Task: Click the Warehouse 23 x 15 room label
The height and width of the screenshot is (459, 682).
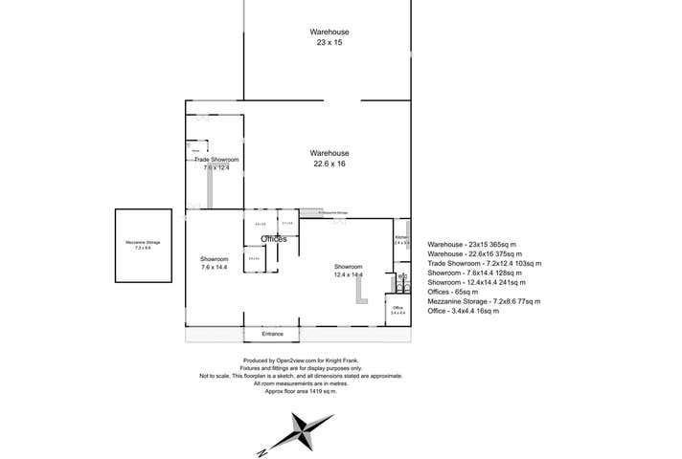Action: click(330, 36)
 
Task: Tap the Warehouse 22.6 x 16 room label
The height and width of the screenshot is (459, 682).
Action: click(330, 158)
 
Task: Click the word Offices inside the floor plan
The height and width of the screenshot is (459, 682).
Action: click(274, 238)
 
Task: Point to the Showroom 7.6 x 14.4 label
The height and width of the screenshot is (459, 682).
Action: click(214, 263)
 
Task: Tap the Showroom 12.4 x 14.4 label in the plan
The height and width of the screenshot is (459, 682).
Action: click(348, 270)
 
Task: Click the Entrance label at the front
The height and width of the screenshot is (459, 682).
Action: click(273, 334)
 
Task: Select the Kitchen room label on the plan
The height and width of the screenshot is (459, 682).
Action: click(402, 239)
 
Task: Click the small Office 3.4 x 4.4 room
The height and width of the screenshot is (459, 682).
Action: click(398, 310)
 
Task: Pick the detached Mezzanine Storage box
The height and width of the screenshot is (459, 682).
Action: click(143, 245)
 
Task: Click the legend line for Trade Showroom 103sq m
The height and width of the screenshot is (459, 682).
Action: click(485, 262)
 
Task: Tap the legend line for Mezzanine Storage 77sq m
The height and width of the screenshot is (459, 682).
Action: click(483, 299)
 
